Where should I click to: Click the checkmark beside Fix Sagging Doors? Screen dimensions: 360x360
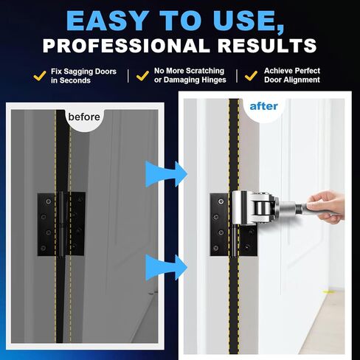pyautogui.click(x=40, y=76)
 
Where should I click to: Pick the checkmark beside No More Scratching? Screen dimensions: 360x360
pyautogui.click(x=142, y=76)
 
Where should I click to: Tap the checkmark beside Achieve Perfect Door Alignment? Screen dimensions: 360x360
pyautogui.click(x=251, y=76)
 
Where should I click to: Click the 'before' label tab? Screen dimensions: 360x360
pyautogui.click(x=84, y=117)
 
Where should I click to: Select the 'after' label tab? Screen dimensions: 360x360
pyautogui.click(x=263, y=106)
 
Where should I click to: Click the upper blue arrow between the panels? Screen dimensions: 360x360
pyautogui.click(x=166, y=174)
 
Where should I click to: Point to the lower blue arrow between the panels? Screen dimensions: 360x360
pyautogui.click(x=166, y=267)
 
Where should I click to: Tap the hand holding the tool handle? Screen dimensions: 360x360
pyautogui.click(x=327, y=207)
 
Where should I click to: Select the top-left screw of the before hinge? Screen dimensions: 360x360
pyautogui.click(x=48, y=201)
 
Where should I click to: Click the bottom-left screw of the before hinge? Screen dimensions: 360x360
pyautogui.click(x=44, y=248)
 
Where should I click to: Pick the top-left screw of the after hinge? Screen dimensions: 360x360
pyautogui.click(x=221, y=201)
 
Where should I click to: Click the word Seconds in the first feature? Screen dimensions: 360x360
pyautogui.click(x=75, y=80)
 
